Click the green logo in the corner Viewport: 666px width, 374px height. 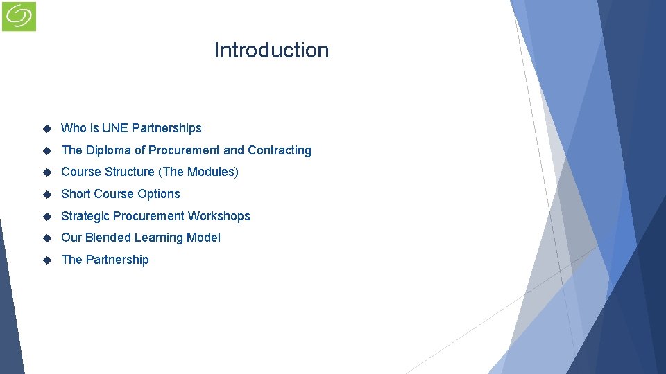click(19, 16)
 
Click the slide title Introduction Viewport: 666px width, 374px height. click(271, 51)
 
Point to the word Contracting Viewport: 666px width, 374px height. click(280, 150)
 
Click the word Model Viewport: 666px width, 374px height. click(204, 238)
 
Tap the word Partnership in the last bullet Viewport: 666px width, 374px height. click(117, 260)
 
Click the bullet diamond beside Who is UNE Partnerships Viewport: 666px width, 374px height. click(47, 129)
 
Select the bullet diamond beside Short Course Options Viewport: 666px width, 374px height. click(47, 195)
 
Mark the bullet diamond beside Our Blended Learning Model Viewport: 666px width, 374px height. click(47, 238)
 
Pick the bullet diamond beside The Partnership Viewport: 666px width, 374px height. click(47, 260)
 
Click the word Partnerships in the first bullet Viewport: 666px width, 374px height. click(166, 128)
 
